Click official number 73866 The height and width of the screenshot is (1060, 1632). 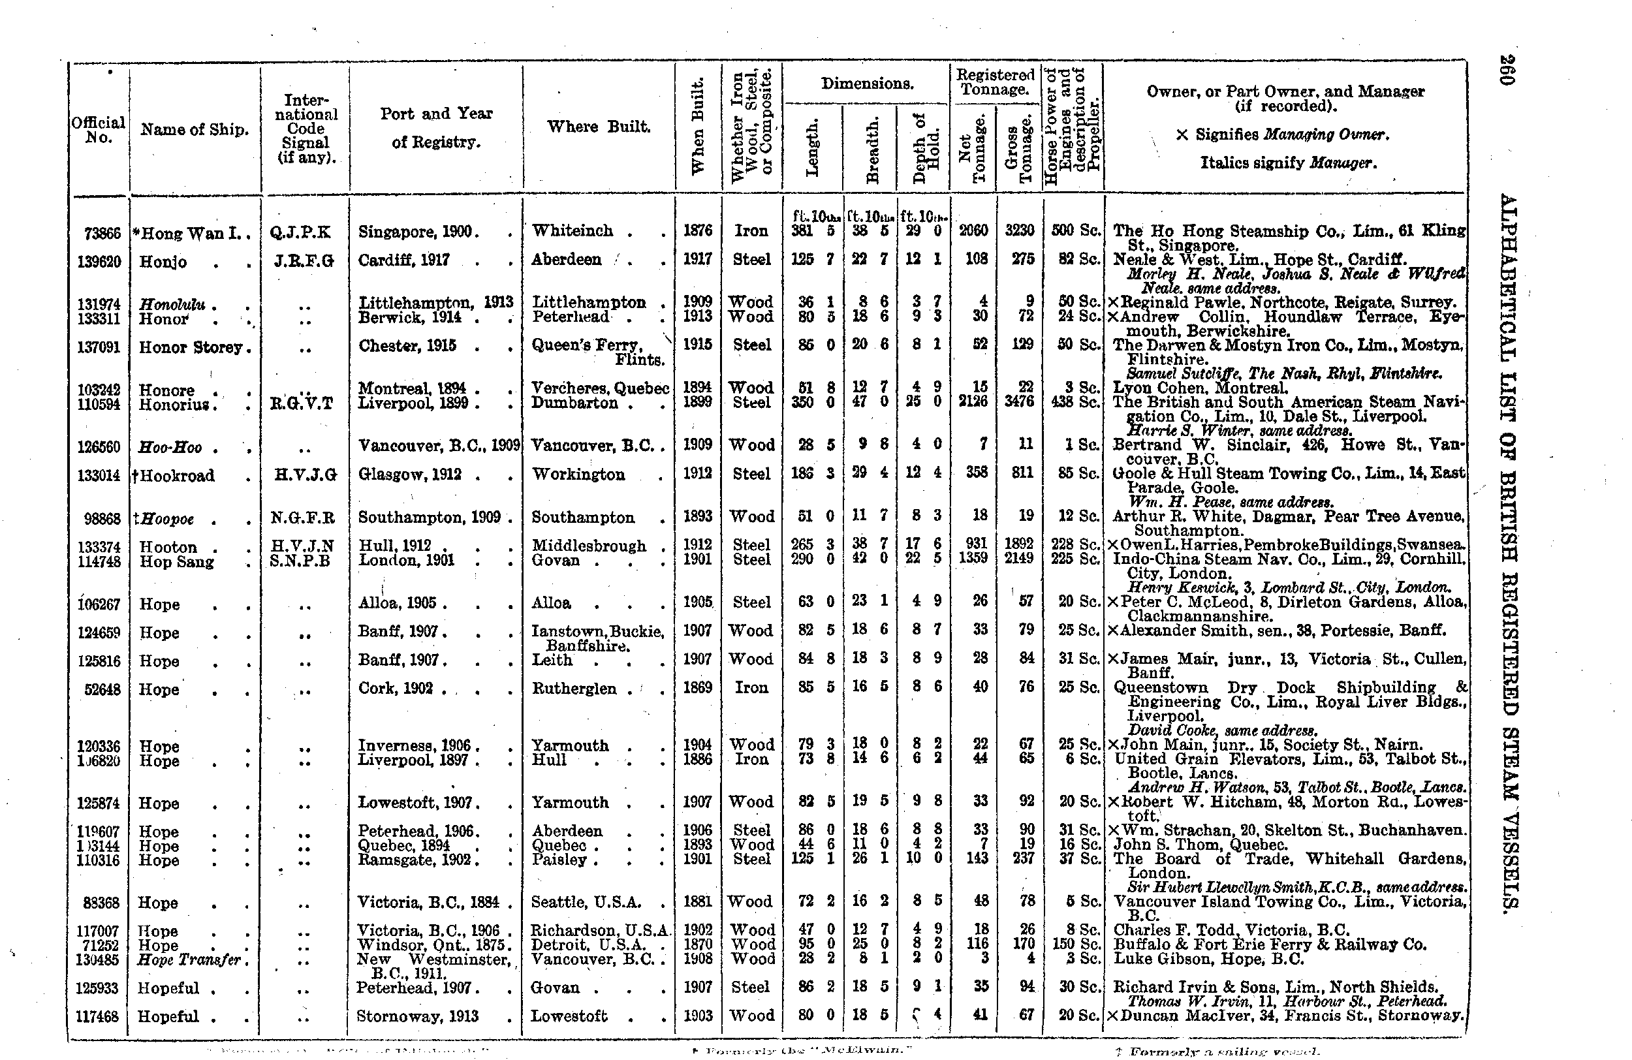101,233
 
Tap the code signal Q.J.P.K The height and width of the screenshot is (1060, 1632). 300,232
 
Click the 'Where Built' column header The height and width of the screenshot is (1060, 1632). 599,126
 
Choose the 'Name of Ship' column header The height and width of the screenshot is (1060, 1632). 194,130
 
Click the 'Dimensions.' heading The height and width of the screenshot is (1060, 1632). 867,84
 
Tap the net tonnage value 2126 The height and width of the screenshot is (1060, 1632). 974,402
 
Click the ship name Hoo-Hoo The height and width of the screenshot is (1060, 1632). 170,448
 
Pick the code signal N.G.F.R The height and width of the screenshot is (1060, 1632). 302,518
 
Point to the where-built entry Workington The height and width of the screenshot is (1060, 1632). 578,475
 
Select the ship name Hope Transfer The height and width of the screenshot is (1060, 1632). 189,959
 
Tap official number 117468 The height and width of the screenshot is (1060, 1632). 101,1016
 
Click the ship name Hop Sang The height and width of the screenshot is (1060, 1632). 176,561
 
